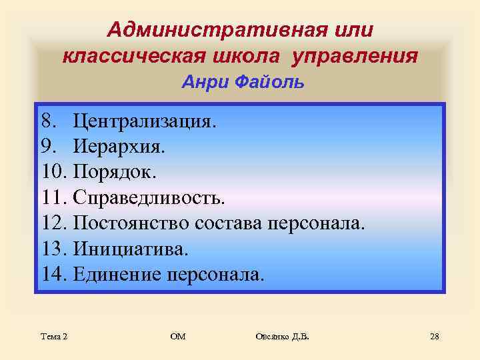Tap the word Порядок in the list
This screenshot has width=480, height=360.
click(x=114, y=172)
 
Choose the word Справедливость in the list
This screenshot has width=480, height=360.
click(x=149, y=197)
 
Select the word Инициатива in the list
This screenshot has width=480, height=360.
click(x=131, y=248)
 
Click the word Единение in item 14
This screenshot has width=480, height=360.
click(x=118, y=273)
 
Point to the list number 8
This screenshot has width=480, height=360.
click(x=47, y=121)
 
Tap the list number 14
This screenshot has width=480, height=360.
click(x=53, y=273)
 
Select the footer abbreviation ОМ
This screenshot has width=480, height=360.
click(x=178, y=337)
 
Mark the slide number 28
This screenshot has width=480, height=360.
click(x=434, y=337)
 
